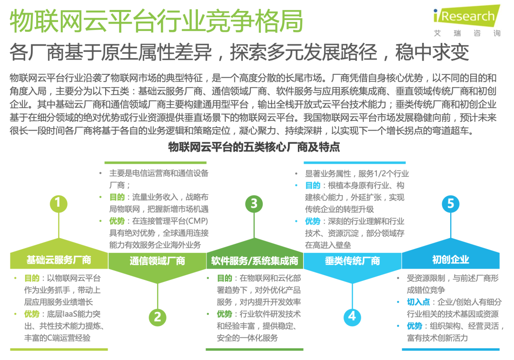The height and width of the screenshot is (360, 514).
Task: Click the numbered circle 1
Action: [58, 203]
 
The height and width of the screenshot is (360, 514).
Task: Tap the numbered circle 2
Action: [157, 317]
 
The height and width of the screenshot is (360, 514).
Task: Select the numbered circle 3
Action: [254, 204]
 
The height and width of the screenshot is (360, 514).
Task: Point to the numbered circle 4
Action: [352, 317]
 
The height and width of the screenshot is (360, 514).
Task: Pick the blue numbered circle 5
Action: [450, 204]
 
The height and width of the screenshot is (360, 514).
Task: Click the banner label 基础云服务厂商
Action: [59, 260]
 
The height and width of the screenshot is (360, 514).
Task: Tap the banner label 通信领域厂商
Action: [157, 261]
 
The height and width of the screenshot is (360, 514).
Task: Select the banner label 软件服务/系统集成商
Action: [255, 261]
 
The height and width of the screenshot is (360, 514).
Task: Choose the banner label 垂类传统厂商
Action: [352, 261]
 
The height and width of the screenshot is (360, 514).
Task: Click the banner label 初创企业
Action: [450, 260]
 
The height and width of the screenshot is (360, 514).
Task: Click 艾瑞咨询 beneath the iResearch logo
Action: [467, 33]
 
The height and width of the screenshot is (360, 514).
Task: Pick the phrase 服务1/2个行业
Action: [384, 174]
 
